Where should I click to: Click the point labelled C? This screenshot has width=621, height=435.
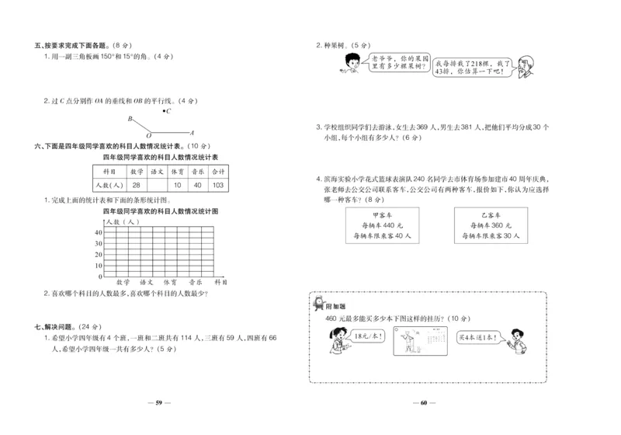click(168, 111)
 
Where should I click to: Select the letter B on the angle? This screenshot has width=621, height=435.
click(130, 119)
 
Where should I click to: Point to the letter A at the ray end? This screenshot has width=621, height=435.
click(193, 133)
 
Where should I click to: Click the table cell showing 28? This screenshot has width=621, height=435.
click(137, 185)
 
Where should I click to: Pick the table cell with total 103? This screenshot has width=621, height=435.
click(217, 185)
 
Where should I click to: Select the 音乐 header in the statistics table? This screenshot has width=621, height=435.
click(197, 171)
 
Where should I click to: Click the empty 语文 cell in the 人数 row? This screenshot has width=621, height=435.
click(157, 185)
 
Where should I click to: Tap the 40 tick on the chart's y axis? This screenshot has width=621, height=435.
click(99, 232)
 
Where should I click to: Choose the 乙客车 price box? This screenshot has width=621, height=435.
click(488, 225)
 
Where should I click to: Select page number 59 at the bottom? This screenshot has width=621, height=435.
click(158, 402)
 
